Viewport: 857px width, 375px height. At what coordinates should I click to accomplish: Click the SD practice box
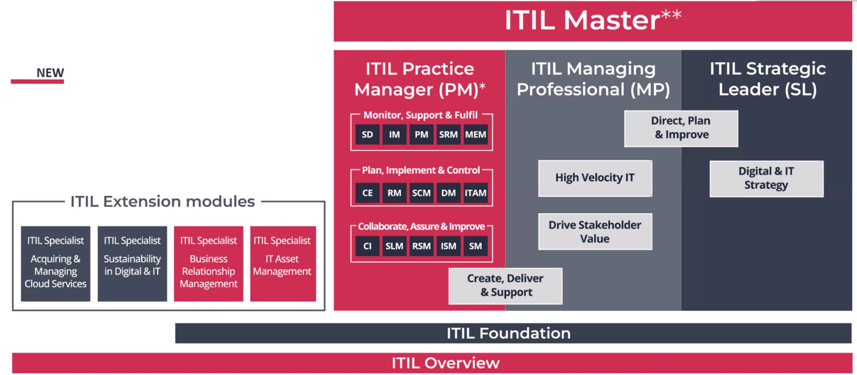367,135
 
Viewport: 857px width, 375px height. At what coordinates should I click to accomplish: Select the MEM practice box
475,135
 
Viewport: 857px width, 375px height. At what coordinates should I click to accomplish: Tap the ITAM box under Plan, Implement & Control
475,193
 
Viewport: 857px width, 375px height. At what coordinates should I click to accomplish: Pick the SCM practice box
421,193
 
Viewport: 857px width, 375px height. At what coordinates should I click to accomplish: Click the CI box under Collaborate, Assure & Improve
367,246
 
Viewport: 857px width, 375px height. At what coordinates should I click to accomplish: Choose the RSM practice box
421,246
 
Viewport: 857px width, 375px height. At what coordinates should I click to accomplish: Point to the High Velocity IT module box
595,178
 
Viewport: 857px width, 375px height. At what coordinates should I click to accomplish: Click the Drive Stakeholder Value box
595,232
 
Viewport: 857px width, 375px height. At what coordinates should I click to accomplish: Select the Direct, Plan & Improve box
681,128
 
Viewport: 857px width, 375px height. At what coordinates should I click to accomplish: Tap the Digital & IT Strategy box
766,178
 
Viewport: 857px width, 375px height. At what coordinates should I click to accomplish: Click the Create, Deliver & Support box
505,286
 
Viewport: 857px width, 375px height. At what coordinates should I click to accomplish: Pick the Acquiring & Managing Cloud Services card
55,264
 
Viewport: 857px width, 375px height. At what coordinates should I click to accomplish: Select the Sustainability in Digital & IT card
132,264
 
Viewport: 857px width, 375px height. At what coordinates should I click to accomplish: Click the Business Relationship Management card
209,264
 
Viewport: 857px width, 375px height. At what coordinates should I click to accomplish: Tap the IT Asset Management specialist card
283,264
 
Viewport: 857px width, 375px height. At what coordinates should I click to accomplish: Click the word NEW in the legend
50,73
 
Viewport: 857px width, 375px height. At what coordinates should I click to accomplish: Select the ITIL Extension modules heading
163,201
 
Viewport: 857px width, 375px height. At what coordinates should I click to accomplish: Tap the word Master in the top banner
611,21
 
